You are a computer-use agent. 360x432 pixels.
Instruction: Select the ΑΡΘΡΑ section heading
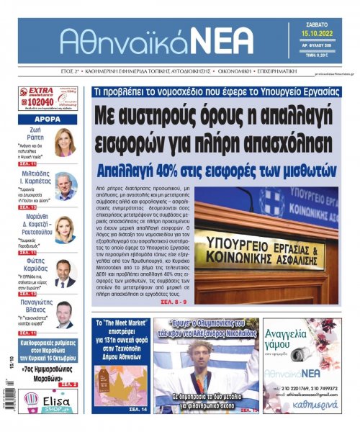pos(46,120)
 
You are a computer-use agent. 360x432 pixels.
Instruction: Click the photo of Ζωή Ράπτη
pos(65,142)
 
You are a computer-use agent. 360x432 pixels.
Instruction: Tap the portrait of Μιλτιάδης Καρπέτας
pos(66,186)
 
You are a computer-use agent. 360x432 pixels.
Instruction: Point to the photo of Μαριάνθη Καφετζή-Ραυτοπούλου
pos(66,230)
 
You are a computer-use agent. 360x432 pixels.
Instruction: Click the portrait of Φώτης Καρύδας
pos(66,273)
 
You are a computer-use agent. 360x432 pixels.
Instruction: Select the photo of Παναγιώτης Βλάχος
pos(66,314)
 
